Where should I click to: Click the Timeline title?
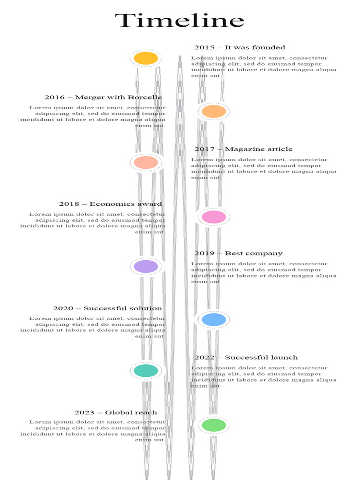(x=180, y=21)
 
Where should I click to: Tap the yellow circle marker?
(x=146, y=58)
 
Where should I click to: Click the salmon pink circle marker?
(x=146, y=162)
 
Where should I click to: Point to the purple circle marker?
(x=146, y=266)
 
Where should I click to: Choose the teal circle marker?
(x=146, y=370)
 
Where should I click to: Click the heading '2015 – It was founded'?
(x=240, y=47)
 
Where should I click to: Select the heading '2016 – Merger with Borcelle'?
(x=103, y=97)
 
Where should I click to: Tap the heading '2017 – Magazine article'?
(x=243, y=149)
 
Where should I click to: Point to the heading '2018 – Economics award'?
(x=111, y=204)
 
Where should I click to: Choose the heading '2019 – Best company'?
(x=239, y=253)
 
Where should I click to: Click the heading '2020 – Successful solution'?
(x=107, y=308)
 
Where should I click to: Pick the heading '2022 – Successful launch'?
(x=246, y=358)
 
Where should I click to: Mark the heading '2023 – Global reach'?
(x=116, y=412)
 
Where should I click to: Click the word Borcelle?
(x=145, y=97)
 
